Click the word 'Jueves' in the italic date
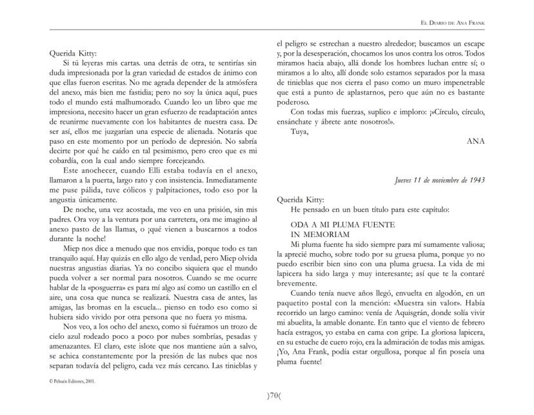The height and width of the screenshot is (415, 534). tap(405, 180)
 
